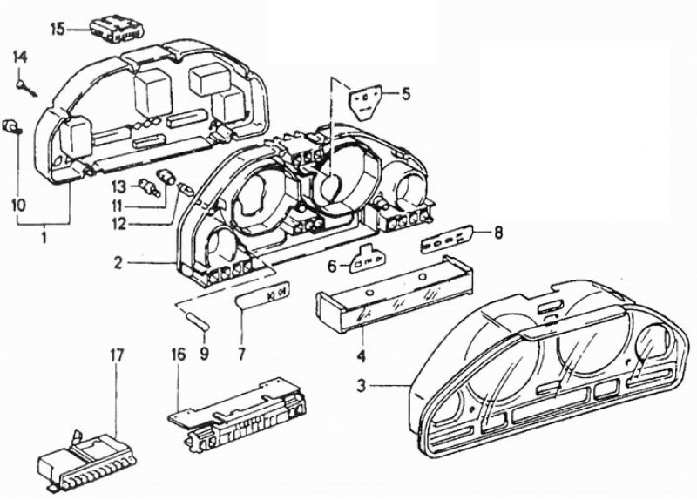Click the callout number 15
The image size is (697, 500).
(x=57, y=30)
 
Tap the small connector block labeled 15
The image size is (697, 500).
(x=118, y=30)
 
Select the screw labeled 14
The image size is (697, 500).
(x=27, y=87)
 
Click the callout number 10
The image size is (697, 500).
(x=18, y=205)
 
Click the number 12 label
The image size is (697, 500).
(x=119, y=224)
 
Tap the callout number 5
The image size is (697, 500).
(x=405, y=94)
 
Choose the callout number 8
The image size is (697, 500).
(x=497, y=233)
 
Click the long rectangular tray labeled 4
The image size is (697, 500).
(x=394, y=293)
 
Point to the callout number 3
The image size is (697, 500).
(x=362, y=385)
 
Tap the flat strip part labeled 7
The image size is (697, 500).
(x=262, y=295)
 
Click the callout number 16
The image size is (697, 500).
(x=178, y=356)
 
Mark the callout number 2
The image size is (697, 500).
(x=118, y=263)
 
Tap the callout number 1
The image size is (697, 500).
(x=44, y=238)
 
